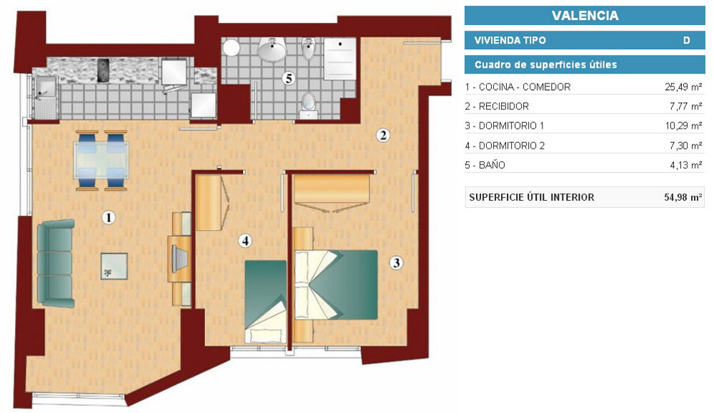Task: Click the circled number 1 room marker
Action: (x=109, y=218)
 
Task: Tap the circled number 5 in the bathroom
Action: (x=288, y=79)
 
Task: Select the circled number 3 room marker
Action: (x=396, y=263)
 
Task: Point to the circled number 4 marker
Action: (x=245, y=240)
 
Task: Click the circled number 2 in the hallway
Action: (x=383, y=135)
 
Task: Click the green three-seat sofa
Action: (x=56, y=263)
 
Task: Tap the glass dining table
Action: (x=101, y=160)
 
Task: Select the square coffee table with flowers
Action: (x=114, y=267)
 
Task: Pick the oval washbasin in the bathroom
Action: (x=272, y=49)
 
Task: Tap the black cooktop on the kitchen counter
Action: (x=104, y=70)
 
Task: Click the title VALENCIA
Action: (x=585, y=16)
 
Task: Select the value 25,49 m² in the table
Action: (x=683, y=86)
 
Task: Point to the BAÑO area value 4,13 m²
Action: (x=685, y=165)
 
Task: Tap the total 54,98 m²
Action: (x=683, y=197)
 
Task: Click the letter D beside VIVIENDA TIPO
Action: (x=686, y=40)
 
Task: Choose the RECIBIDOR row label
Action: (x=497, y=106)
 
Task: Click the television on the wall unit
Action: (x=179, y=259)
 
